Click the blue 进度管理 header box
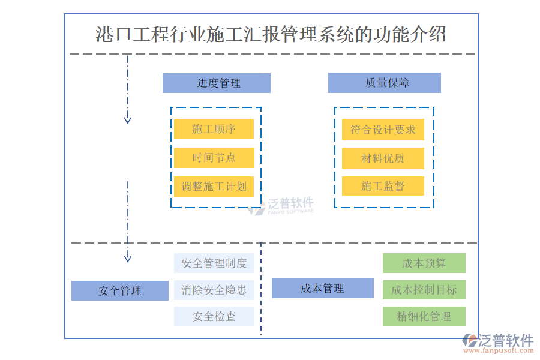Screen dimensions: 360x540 [216, 83]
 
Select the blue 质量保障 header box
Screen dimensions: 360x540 [384, 83]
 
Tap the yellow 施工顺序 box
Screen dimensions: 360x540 [214, 129]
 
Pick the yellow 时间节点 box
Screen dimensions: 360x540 [214, 158]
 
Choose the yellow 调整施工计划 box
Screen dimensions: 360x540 [214, 187]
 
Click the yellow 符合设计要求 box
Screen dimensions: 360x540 [383, 130]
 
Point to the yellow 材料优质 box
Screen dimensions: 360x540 [383, 158]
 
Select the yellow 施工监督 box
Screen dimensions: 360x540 [383, 187]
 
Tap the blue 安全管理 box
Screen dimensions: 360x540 [120, 291]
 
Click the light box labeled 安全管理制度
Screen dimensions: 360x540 [214, 263]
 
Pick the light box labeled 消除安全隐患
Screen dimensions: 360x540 [214, 290]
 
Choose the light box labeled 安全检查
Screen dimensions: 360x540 [214, 317]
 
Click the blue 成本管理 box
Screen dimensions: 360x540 [322, 289]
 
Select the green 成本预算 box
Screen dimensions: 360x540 [424, 263]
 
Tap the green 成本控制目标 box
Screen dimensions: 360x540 [424, 290]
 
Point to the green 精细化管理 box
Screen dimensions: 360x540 [424, 316]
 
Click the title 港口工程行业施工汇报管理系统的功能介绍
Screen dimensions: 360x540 [271, 34]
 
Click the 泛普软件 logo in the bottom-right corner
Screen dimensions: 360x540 [497, 343]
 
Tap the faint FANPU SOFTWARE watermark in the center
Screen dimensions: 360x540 [281, 206]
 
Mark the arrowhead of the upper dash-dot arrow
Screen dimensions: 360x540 [127, 120]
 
